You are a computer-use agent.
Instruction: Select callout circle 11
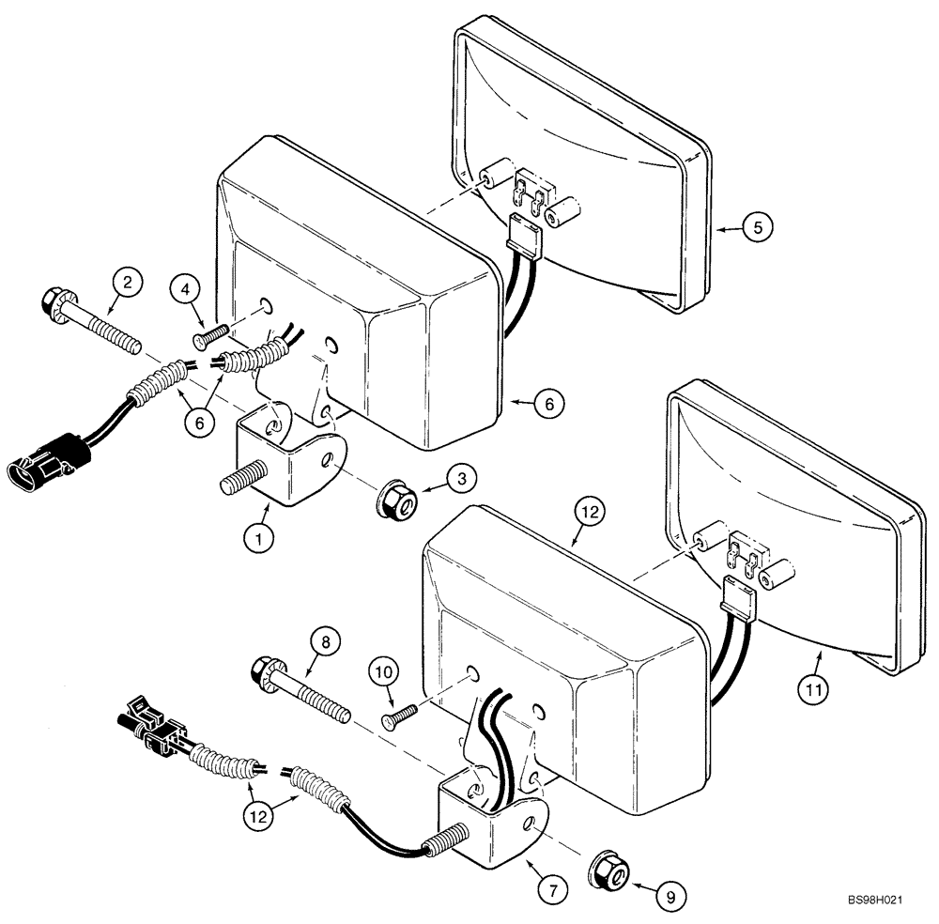pyautogui.click(x=814, y=689)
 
